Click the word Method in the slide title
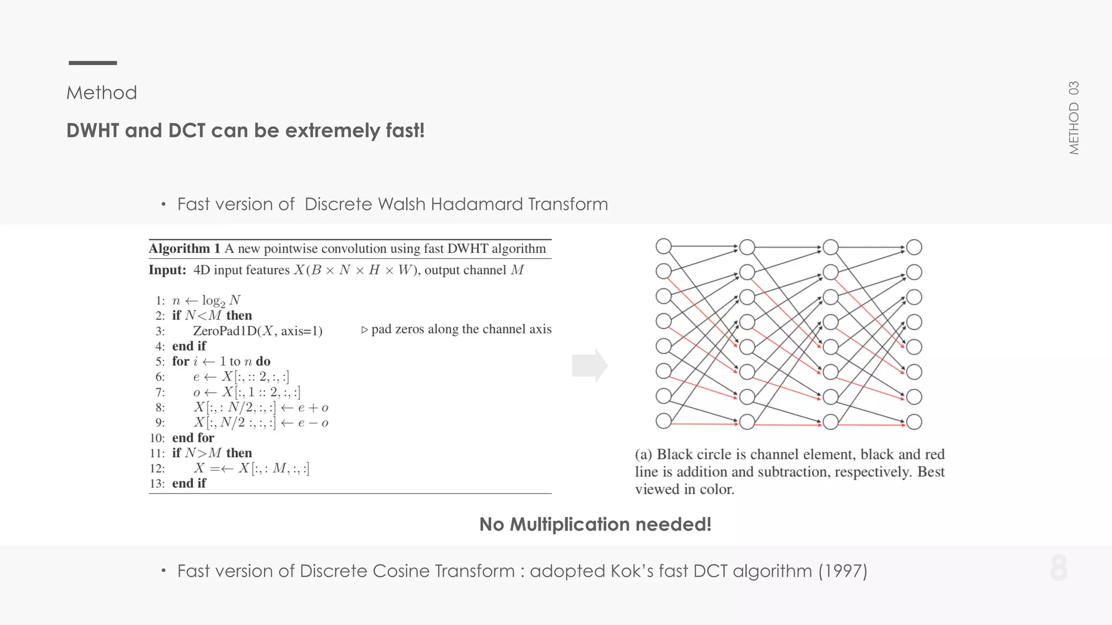(x=102, y=93)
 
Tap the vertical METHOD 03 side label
(x=1073, y=118)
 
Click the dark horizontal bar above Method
(x=93, y=63)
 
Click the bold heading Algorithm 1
(x=184, y=248)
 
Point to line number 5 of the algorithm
(x=160, y=361)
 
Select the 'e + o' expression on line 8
(x=313, y=407)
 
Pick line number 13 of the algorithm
(x=157, y=483)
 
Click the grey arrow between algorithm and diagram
(x=590, y=365)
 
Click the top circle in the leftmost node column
(x=664, y=247)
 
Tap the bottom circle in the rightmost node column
(x=914, y=422)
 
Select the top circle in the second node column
(x=747, y=247)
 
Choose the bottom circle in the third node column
(x=831, y=422)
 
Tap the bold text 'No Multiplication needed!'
(x=595, y=524)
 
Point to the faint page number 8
(x=1059, y=569)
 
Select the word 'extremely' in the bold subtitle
(x=333, y=131)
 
